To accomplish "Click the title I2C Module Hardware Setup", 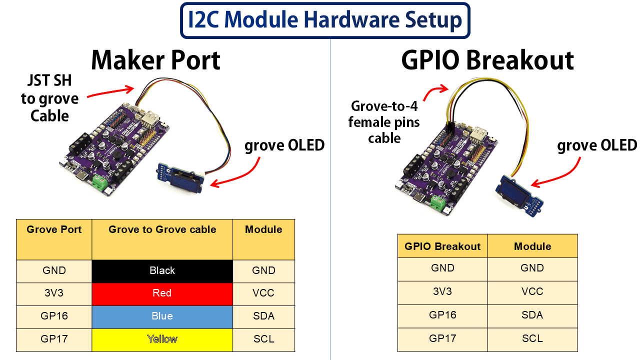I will tap(325, 20).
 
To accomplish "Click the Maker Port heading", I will tap(155, 60).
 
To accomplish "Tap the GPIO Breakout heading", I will tap(487, 60).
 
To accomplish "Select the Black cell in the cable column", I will tap(162, 271).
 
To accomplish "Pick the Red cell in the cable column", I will tap(162, 293).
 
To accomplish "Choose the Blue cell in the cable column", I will tap(162, 316).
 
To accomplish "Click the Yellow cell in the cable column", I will tap(162, 339).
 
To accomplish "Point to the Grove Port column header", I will tap(54, 230).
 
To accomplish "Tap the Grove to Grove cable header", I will tap(162, 230).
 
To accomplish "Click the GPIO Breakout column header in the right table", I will tap(442, 246).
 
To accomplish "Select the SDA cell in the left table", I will tap(263, 316).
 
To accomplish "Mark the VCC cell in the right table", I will tap(532, 291).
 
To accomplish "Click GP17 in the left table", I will tap(54, 339).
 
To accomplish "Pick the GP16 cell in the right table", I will tap(442, 315).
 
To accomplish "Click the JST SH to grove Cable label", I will tap(49, 99).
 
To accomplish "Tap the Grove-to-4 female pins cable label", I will tap(384, 122).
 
